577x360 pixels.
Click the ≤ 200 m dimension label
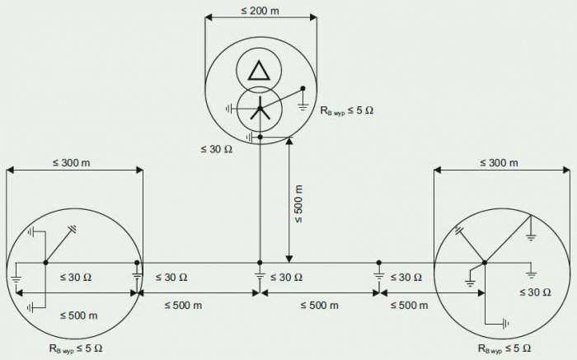pos(260,11)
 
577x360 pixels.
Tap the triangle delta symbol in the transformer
pos(259,70)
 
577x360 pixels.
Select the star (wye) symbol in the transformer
pos(260,108)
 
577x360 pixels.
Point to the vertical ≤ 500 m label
pos(298,204)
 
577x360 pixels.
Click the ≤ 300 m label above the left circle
pos(72,162)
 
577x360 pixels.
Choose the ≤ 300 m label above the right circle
pos(499,162)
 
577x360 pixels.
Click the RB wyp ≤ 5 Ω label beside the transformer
pos(347,110)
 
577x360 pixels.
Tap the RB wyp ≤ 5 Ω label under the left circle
pos(76,348)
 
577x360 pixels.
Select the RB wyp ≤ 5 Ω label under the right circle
pos(504,348)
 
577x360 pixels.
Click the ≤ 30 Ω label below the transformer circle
pos(216,149)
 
